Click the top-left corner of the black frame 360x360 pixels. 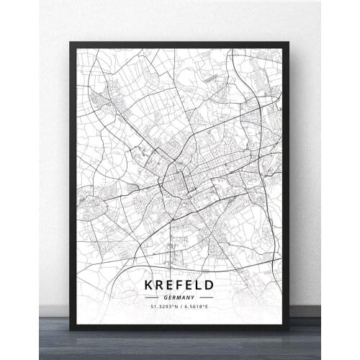point(71,44)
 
